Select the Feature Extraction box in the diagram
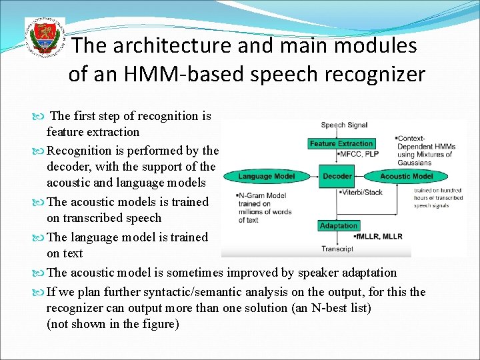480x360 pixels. pyautogui.click(x=341, y=144)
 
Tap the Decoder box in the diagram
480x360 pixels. pyautogui.click(x=337, y=177)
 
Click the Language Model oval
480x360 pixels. pyautogui.click(x=266, y=177)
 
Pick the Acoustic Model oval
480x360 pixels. pyautogui.click(x=406, y=177)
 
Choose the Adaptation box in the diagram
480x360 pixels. pyautogui.click(x=339, y=226)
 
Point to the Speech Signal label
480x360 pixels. pyautogui.click(x=344, y=125)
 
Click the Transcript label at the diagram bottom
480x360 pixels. pyautogui.click(x=337, y=249)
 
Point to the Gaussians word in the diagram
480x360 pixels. pyautogui.click(x=415, y=163)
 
